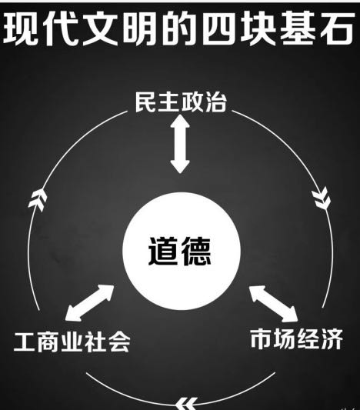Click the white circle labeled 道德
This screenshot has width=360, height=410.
pos(182,252)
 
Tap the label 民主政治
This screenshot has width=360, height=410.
pos(181,102)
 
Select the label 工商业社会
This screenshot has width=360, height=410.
pos(72,342)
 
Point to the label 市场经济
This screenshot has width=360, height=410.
pos(296,339)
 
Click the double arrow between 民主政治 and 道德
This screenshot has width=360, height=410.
pos(180,144)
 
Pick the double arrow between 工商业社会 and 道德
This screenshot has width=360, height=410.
pos(90,302)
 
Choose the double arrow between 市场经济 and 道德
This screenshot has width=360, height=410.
pos(274,304)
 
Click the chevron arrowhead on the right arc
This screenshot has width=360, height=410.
pos(322,198)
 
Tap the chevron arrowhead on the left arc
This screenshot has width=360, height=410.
pos(38,199)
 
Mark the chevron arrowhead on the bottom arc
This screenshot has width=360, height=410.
pos(187,404)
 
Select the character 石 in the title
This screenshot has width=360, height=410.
pos(337,28)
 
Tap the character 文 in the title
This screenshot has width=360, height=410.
pos(101,28)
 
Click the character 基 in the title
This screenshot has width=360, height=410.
pos(298,28)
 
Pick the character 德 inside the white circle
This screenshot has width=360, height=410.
pos(197,252)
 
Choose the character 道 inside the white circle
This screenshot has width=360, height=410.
pos(164,252)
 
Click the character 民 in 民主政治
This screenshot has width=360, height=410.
pos(146,102)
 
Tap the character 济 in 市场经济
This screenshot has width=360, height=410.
pos(332,339)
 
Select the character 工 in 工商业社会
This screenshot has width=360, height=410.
pos(25,342)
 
